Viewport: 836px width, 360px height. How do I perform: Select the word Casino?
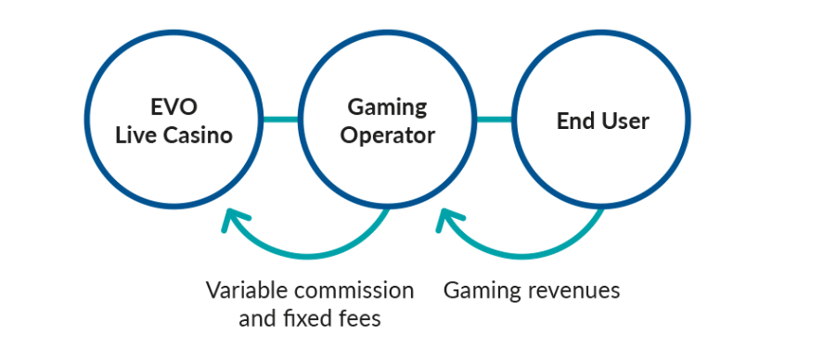[x=198, y=135]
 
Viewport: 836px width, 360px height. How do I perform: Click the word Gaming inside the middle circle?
[x=388, y=109]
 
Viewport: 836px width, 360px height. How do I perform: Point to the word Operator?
[x=388, y=135]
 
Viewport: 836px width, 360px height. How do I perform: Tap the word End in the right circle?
[x=573, y=121]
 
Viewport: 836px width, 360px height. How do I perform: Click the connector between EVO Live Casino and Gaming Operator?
[x=280, y=119]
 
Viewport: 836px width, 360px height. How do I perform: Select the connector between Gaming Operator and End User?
[x=495, y=119]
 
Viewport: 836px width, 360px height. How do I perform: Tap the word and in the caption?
[x=258, y=319]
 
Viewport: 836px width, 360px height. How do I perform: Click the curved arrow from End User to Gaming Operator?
[x=520, y=256]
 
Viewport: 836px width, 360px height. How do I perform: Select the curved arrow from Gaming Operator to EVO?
[x=306, y=256]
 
